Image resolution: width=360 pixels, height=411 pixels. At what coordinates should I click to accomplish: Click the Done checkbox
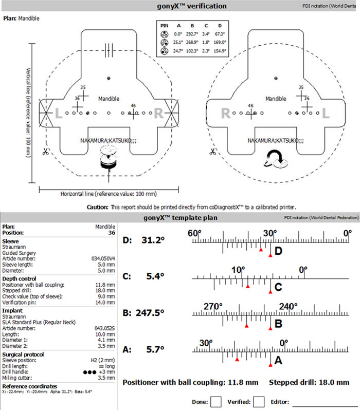pyautogui.click(x=217, y=401)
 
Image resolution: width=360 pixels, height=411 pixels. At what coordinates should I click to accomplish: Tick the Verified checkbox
pyautogui.click(x=259, y=401)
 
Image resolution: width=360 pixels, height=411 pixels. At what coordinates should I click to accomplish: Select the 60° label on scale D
pyautogui.click(x=194, y=234)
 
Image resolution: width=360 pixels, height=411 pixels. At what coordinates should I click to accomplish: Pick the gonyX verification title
pyautogui.click(x=179, y=6)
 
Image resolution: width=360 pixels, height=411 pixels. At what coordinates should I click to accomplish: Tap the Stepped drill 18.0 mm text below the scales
pyautogui.click(x=309, y=383)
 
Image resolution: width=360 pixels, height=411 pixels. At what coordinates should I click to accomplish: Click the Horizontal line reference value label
pyautogui.click(x=109, y=194)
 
